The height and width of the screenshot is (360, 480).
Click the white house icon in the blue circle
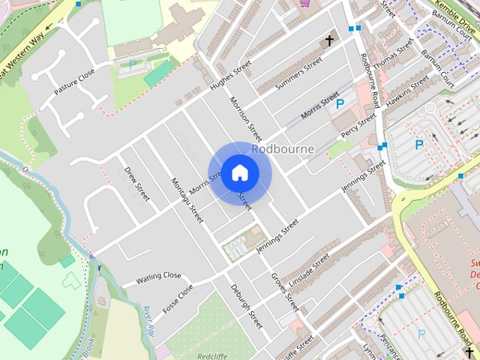click(x=239, y=172)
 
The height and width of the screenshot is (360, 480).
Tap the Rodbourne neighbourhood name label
click(x=283, y=148)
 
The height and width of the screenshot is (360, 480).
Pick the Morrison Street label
click(x=246, y=118)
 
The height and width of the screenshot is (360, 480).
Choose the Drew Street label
click(x=137, y=184)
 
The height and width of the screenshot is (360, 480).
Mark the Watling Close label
click(x=158, y=279)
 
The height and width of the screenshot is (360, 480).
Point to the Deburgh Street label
click(x=246, y=307)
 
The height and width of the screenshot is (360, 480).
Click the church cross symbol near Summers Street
click(x=328, y=40)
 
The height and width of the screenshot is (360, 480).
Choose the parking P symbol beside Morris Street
click(x=340, y=104)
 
